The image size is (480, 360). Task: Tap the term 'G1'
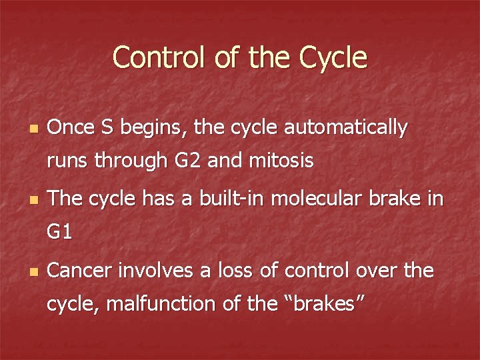pyautogui.click(x=59, y=233)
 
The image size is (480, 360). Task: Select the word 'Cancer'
pyautogui.click(x=81, y=271)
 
